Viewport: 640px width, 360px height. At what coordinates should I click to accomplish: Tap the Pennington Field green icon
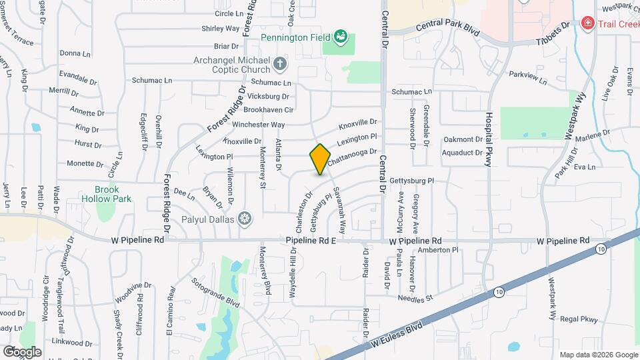click(x=341, y=36)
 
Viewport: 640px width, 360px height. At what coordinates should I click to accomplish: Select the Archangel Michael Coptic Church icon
click(x=280, y=65)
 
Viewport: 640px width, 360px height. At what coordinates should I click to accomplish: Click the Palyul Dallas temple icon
click(x=245, y=218)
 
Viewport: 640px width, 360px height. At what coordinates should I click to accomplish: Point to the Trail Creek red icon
click(x=587, y=24)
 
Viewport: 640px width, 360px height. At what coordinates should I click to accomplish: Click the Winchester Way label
click(x=258, y=125)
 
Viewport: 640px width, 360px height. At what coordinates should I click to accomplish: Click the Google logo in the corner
click(x=21, y=351)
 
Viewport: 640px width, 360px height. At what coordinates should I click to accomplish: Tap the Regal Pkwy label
click(x=580, y=319)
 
